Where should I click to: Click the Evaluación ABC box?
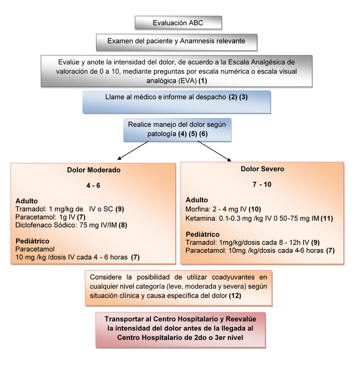pos(178,22)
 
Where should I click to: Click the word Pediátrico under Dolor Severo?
pos(202,234)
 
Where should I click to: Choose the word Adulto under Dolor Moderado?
pos(27,202)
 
